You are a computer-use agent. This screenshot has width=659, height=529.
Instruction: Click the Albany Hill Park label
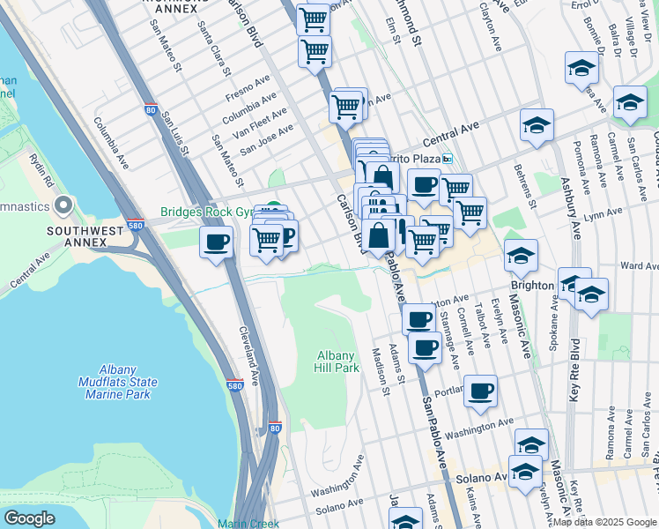pyautogui.click(x=338, y=361)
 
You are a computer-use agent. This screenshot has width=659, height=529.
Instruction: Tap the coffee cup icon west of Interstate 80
pyautogui.click(x=216, y=242)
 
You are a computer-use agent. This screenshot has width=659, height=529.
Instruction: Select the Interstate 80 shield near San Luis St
pyautogui.click(x=150, y=110)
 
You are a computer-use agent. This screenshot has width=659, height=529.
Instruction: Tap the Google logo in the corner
pyautogui.click(x=30, y=518)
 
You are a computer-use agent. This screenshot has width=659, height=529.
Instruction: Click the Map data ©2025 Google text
pyautogui.click(x=603, y=522)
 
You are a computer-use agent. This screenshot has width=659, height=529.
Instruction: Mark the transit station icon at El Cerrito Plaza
pyautogui.click(x=448, y=159)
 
